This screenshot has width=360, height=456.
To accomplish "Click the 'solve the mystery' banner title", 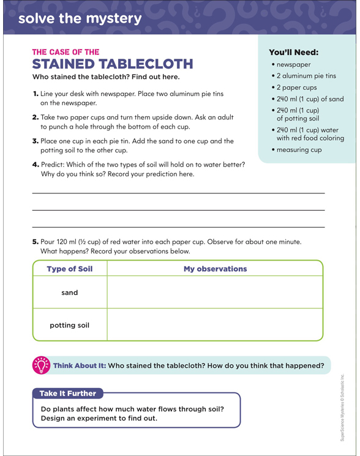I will [80, 18].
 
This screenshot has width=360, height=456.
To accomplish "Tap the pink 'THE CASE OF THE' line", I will [66, 52].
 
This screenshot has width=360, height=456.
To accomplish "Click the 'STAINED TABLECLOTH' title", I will [113, 64].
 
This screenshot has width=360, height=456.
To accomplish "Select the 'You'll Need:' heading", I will [294, 52].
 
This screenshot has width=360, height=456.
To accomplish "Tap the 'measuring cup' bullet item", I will [299, 149].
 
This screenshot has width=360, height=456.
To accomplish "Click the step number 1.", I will [36, 94].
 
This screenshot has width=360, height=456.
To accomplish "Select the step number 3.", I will [36, 141].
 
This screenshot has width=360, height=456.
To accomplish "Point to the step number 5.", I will [36, 242].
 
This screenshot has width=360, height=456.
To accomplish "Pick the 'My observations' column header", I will [215, 269].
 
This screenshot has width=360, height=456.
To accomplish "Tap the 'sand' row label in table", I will [69, 293].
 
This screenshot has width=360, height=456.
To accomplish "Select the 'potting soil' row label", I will [69, 325].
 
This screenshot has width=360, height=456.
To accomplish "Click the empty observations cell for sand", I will [215, 293].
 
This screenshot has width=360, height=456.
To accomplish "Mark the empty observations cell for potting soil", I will [215, 325].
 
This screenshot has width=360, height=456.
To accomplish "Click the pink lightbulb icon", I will [41, 365].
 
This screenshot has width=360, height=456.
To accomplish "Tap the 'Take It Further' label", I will [68, 394].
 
